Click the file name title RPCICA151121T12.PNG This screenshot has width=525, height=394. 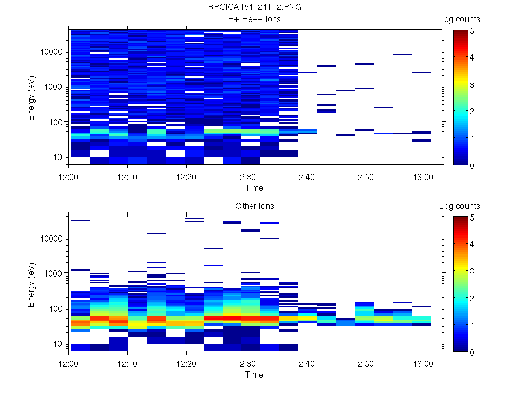pyautogui.click(x=254, y=7)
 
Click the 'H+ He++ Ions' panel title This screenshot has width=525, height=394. pyautogui.click(x=254, y=19)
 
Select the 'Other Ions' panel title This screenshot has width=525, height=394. pyautogui.click(x=254, y=206)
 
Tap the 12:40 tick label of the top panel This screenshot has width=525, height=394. pyautogui.click(x=305, y=175)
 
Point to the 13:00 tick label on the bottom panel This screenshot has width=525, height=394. pyautogui.click(x=422, y=362)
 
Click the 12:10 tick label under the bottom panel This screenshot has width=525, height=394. pyautogui.click(x=128, y=362)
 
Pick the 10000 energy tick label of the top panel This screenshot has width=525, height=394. pyautogui.click(x=51, y=52)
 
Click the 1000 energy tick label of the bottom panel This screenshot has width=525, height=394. pyautogui.click(x=53, y=273)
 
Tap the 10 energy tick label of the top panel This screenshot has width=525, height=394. pyautogui.click(x=57, y=156)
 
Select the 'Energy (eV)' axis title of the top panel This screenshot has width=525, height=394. pyautogui.click(x=32, y=97)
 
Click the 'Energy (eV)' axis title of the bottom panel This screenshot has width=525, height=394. pyautogui.click(x=32, y=284)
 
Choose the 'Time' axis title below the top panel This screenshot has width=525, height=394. pyautogui.click(x=254, y=188)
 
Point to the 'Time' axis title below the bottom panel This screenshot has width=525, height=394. pyautogui.click(x=254, y=375)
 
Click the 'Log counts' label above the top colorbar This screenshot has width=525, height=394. pyautogui.click(x=459, y=19)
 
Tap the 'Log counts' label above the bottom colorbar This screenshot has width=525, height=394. pyautogui.click(x=459, y=206)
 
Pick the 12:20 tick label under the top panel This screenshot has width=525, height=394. pyautogui.click(x=187, y=175)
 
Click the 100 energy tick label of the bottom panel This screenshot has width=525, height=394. pyautogui.click(x=55, y=308)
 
